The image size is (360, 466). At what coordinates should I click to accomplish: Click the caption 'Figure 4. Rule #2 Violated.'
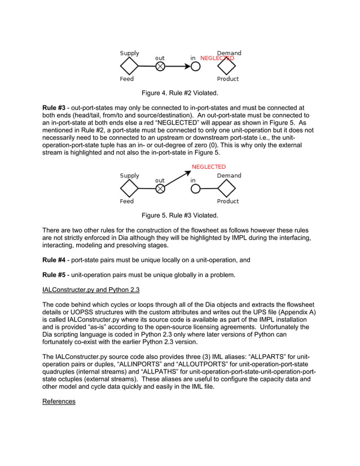click(179, 93)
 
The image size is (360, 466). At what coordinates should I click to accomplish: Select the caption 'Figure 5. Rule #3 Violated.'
click(179, 215)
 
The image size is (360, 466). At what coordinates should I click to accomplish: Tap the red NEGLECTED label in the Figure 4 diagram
click(217, 58)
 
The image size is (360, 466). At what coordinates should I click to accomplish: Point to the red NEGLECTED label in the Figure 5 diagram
click(208, 167)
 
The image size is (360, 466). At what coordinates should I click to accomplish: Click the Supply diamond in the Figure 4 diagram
click(129, 67)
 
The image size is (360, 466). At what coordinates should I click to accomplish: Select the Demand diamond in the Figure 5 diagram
click(228, 188)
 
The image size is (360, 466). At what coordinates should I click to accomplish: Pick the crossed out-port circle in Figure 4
click(160, 67)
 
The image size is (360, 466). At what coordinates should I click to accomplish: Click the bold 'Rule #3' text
click(54, 107)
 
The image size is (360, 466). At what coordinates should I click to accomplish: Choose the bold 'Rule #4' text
click(54, 260)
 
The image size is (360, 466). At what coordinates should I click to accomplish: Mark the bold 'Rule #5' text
click(54, 275)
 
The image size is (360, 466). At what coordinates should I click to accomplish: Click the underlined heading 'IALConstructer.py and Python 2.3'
click(91, 289)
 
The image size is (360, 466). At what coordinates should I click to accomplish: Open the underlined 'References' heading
click(59, 401)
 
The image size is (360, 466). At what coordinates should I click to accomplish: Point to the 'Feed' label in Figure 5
click(126, 201)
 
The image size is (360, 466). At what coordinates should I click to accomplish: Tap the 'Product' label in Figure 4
click(228, 79)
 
